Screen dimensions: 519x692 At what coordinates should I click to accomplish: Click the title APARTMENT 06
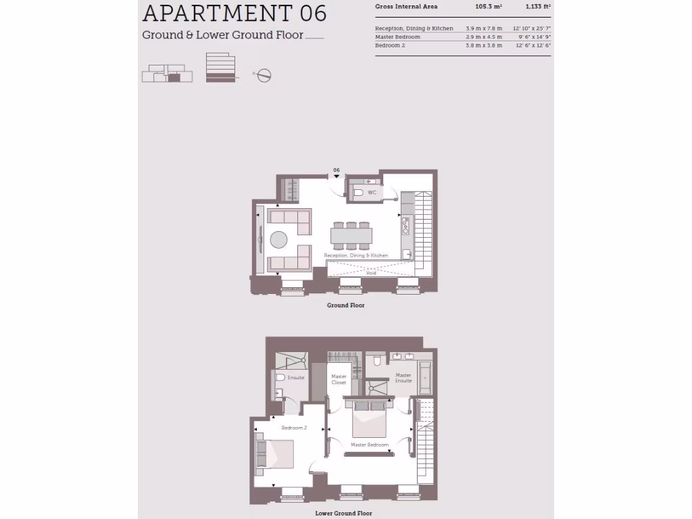[234, 14]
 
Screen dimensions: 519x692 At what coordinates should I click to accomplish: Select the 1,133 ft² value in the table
[538, 7]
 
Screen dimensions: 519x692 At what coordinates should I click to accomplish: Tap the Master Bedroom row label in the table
[397, 36]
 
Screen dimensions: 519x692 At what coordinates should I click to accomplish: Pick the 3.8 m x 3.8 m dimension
[484, 45]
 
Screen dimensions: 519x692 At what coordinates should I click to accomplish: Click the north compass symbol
[264, 75]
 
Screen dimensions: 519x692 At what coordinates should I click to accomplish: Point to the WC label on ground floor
[372, 193]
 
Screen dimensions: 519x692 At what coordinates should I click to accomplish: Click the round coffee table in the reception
[280, 239]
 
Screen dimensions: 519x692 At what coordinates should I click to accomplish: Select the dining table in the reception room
[351, 235]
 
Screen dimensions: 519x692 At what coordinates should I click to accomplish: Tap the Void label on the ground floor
[371, 272]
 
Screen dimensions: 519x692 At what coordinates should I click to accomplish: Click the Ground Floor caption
[346, 305]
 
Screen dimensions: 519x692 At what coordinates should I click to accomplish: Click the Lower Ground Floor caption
[345, 514]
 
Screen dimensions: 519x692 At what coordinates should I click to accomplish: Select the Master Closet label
[339, 380]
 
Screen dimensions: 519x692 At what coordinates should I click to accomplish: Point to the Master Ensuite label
[403, 378]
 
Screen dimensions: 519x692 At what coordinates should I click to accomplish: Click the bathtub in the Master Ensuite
[424, 378]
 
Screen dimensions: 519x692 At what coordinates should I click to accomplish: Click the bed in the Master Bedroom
[368, 418]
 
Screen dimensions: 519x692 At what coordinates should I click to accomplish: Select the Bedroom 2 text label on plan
[294, 428]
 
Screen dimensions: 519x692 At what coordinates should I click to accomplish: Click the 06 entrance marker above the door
[336, 170]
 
